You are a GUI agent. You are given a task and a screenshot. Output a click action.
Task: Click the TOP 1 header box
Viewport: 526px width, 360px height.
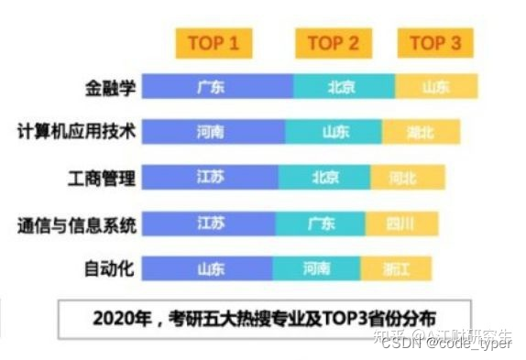214,43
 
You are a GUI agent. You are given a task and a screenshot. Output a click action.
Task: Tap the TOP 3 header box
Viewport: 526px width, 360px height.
435,43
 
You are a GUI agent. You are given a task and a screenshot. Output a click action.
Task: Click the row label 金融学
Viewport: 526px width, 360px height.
110,87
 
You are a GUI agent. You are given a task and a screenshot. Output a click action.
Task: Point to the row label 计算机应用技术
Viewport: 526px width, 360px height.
77,132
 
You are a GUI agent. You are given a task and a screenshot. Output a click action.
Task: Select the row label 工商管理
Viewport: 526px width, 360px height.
103,177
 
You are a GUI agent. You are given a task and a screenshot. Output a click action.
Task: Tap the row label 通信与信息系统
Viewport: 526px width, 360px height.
77,223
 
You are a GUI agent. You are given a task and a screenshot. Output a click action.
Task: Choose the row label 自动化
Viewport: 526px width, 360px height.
110,267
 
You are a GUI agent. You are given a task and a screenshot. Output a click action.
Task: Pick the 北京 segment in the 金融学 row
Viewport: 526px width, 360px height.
344,87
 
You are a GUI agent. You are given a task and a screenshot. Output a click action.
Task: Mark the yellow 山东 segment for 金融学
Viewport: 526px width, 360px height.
436,87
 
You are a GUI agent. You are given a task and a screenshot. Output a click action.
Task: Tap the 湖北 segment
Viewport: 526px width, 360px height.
421,132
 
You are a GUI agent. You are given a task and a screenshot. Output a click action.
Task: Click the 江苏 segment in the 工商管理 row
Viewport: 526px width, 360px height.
211,177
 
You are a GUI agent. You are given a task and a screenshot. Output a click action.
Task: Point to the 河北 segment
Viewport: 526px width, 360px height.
408,177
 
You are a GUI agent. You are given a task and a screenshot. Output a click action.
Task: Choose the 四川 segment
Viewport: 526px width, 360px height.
401,223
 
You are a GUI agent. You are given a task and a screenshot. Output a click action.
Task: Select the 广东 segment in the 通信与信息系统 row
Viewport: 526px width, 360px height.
320,223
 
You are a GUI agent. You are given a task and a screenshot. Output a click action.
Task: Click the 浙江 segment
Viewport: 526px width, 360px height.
395,267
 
